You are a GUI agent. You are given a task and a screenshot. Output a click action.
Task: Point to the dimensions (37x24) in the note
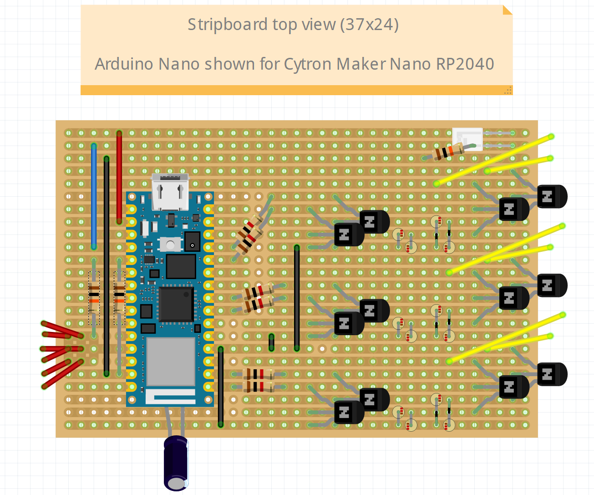pyautogui.click(x=369, y=25)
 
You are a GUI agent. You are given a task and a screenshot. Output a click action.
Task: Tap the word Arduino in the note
pyautogui.click(x=124, y=64)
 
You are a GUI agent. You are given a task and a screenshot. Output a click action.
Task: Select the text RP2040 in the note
pyautogui.click(x=465, y=64)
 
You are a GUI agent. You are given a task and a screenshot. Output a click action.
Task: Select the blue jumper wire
pyautogui.click(x=94, y=196)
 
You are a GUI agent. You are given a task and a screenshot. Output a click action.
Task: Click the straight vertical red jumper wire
pyautogui.click(x=119, y=178)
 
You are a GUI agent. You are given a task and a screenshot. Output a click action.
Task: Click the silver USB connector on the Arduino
pyautogui.click(x=170, y=191)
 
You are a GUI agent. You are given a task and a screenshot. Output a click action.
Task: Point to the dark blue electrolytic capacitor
pyautogui.click(x=176, y=462)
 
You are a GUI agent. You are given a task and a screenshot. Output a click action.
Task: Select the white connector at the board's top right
pyautogui.click(x=467, y=138)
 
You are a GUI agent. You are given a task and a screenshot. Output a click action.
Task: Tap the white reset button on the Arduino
pyautogui.click(x=170, y=245)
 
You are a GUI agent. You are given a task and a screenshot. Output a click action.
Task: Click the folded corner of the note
pyautogui.click(x=507, y=10)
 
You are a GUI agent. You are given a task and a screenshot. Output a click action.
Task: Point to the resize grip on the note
pyautogui.click(x=508, y=90)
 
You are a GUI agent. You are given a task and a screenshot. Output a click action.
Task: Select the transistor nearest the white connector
pyautogui.click(x=552, y=197)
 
